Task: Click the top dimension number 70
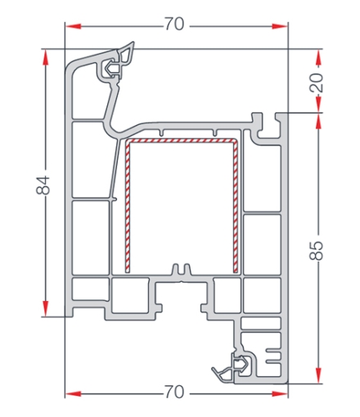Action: tap(174, 24)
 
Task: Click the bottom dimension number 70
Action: tap(174, 392)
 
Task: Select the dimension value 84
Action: tap(43, 186)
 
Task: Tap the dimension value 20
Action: tap(317, 83)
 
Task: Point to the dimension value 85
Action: tap(317, 250)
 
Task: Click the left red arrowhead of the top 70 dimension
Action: tap(74, 26)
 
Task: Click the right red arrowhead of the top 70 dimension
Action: tap(280, 26)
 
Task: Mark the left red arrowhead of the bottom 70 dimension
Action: tap(74, 394)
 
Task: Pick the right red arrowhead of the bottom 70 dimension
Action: tap(280, 394)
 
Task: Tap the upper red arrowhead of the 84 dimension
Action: tap(46, 57)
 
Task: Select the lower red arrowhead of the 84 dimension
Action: tap(46, 308)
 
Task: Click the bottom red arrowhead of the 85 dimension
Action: tap(318, 375)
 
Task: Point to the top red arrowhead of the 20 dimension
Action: tap(318, 58)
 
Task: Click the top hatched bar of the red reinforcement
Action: tap(181, 141)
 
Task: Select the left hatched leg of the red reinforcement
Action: tap(128, 207)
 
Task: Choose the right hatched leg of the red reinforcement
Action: tap(236, 207)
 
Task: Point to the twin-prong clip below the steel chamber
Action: tap(181, 269)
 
